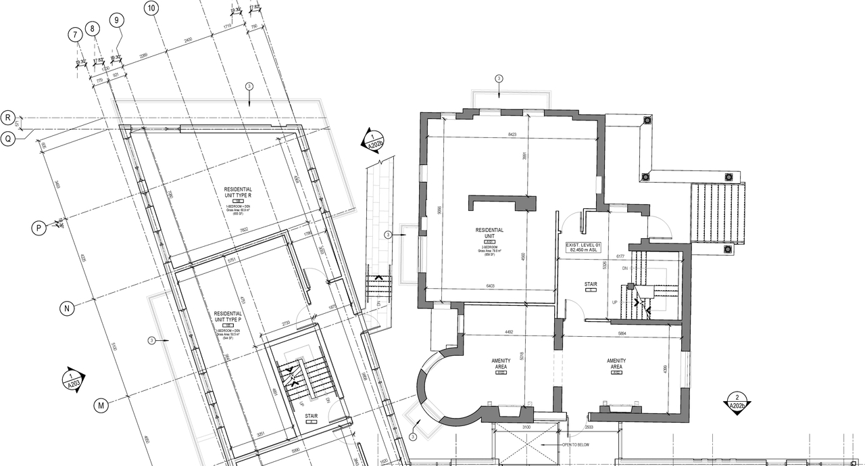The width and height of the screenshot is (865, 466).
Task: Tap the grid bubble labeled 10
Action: [151, 8]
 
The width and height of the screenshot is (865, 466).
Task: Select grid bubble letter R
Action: [8, 117]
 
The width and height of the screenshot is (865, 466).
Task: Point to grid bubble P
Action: [39, 229]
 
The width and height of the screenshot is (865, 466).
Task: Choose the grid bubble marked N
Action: [66, 309]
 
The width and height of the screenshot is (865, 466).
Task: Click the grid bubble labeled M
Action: [100, 406]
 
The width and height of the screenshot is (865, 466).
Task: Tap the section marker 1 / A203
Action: [73, 380]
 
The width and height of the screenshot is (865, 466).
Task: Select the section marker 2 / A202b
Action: [736, 402]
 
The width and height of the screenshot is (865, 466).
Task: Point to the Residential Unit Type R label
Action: [238, 193]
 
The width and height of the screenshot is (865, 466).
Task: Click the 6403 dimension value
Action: [489, 286]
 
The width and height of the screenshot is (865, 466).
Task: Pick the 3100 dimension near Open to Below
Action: [526, 427]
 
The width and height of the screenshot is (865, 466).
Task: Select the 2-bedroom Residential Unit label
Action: [489, 233]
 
